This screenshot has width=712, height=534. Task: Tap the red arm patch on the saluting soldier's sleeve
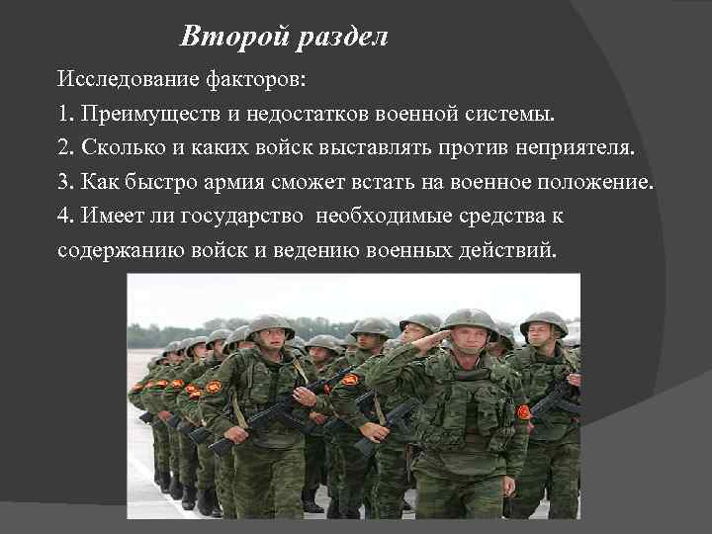524,411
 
